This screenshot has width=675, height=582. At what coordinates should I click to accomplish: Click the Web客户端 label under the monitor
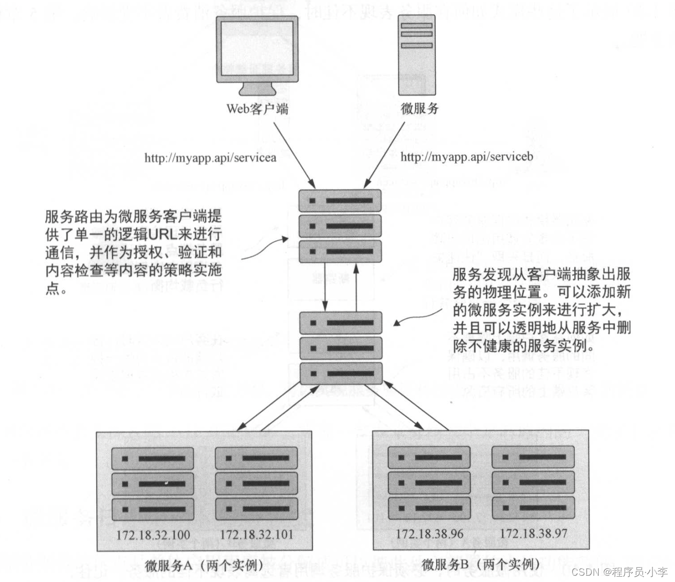point(257,108)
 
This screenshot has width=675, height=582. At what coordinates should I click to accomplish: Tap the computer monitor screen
point(257,47)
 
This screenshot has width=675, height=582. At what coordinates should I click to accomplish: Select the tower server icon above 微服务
point(417,55)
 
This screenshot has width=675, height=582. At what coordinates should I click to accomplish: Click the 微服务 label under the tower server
point(420,108)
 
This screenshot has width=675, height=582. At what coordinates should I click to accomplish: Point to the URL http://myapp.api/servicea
point(210,158)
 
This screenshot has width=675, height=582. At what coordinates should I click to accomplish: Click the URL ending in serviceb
point(466,157)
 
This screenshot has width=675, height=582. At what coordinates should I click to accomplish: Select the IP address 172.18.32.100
point(153,535)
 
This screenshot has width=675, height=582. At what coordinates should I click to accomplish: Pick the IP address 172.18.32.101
point(256,534)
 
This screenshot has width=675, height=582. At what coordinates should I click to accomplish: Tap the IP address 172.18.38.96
point(429,534)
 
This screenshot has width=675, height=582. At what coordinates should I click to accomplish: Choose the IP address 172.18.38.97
point(533,533)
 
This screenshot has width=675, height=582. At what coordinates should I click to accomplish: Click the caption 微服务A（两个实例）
point(204,565)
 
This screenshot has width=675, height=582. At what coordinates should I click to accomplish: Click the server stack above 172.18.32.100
point(153,484)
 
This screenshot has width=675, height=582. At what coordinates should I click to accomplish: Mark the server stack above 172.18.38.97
point(533,482)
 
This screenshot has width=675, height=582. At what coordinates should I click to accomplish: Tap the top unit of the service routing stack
point(340,201)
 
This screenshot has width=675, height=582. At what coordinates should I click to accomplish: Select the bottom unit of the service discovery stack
point(340,374)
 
